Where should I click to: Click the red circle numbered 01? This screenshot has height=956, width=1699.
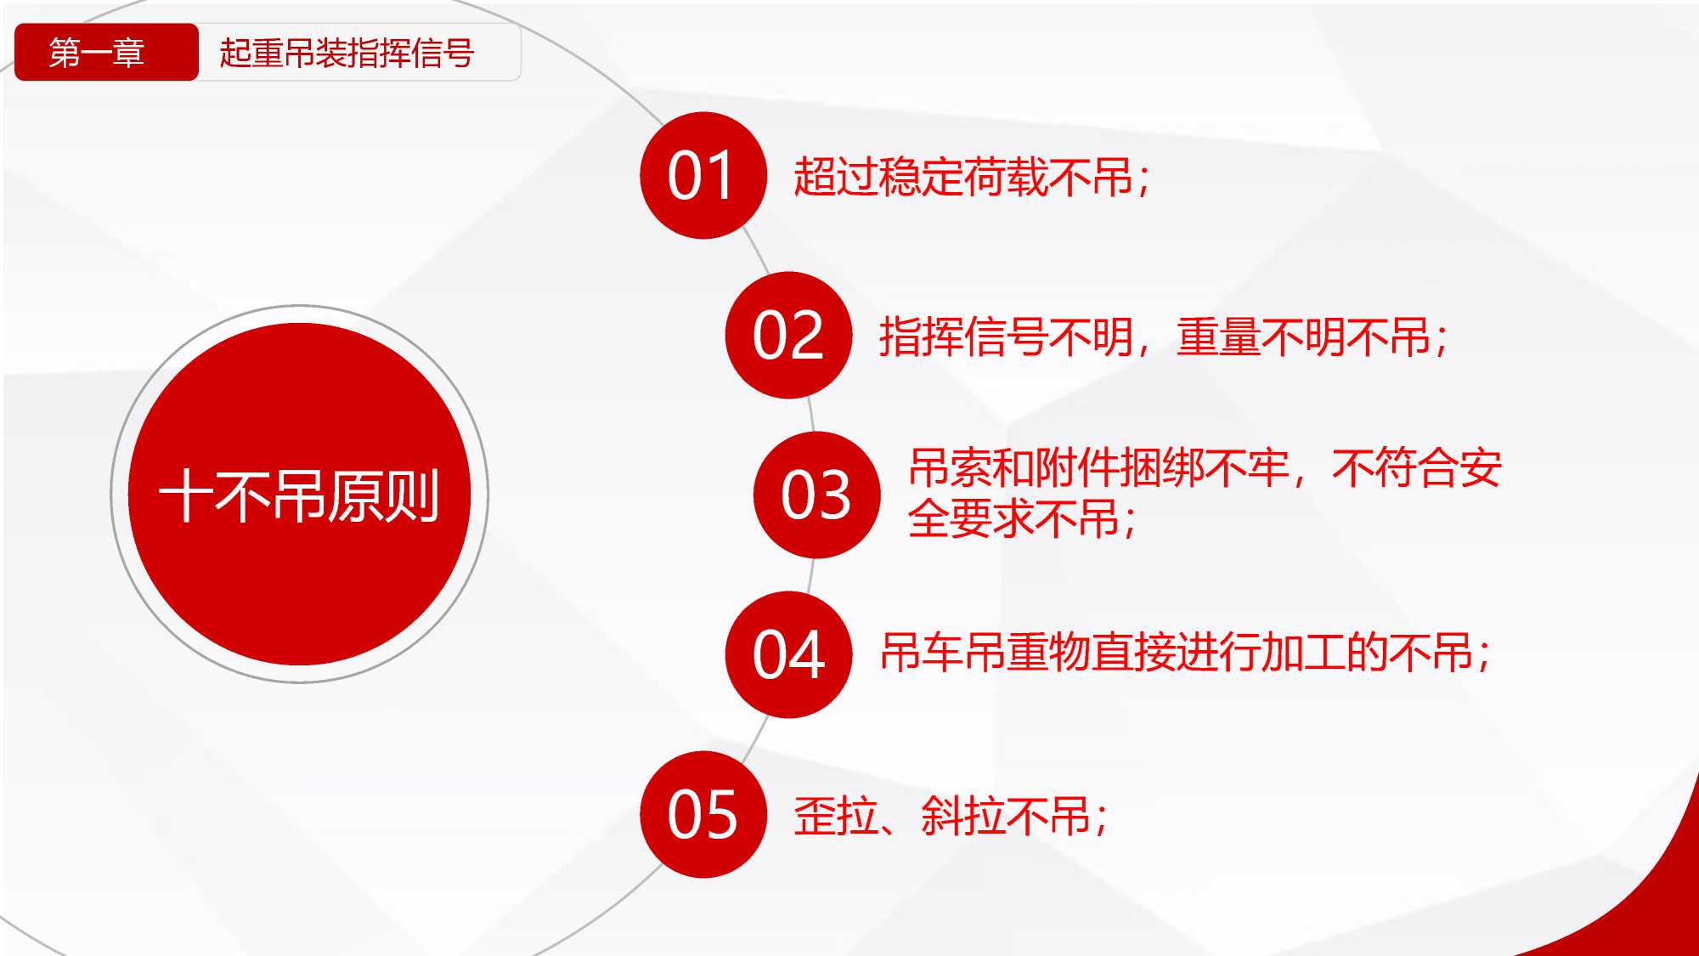tap(703, 175)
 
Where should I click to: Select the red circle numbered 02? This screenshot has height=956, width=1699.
tap(788, 335)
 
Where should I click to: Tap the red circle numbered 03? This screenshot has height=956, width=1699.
tap(816, 495)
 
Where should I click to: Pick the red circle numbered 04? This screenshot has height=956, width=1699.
tap(788, 654)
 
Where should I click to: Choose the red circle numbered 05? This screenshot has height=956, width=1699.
tap(703, 814)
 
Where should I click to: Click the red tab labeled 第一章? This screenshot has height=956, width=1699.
tap(106, 53)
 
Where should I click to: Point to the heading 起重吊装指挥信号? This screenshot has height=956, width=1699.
tap(347, 53)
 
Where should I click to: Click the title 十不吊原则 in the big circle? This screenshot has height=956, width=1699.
tap(299, 495)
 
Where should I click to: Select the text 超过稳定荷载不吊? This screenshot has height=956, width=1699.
tap(963, 178)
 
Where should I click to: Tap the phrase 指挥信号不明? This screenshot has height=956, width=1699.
tap(1007, 337)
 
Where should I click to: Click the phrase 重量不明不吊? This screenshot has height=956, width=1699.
tap(1304, 337)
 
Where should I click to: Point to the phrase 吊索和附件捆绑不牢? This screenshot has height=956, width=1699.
tap(1099, 467)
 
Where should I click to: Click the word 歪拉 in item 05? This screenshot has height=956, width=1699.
tap(836, 816)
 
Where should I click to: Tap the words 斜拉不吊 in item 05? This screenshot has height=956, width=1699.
tap(1006, 816)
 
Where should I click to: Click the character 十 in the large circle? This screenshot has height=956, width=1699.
tap(186, 495)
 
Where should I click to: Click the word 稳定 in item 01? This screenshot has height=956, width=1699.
tap(921, 178)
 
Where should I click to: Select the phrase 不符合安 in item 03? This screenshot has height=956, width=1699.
tap(1417, 467)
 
